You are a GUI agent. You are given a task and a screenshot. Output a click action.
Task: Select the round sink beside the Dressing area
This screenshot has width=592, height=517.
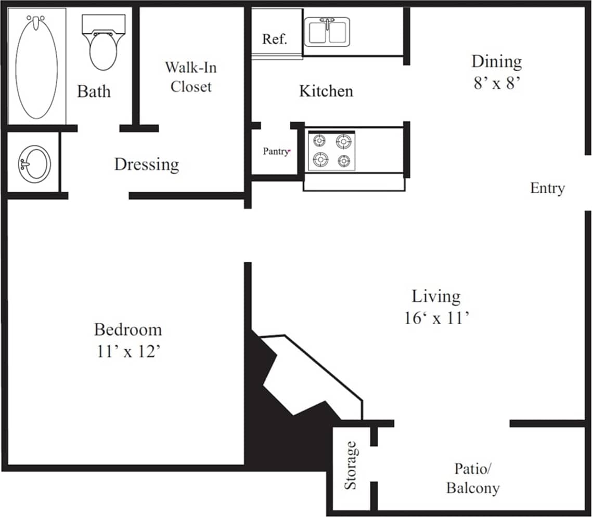click(x=34, y=164)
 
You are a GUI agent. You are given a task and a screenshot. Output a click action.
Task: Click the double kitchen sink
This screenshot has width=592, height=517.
click(x=327, y=32)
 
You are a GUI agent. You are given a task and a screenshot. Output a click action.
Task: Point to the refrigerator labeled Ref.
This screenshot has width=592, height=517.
click(x=274, y=39)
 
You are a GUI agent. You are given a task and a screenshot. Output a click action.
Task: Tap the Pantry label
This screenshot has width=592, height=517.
click(x=276, y=152)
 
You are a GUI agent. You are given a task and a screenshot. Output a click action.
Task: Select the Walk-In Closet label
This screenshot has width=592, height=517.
click(x=191, y=76)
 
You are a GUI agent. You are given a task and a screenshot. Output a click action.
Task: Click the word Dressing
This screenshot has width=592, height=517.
click(x=146, y=165)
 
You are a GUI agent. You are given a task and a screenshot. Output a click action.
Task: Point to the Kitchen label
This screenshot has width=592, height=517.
click(x=326, y=91)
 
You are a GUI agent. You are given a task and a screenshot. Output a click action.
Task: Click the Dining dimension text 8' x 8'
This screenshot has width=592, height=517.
click(x=497, y=84)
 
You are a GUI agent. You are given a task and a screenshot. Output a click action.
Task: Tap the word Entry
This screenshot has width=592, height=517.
click(x=547, y=188)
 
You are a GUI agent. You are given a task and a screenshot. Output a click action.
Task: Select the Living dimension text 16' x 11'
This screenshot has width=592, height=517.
click(x=436, y=317)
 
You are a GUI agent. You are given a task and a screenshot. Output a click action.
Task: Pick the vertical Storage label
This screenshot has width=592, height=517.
click(x=351, y=465)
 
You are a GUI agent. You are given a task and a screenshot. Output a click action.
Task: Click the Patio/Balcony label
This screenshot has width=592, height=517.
click(x=473, y=479)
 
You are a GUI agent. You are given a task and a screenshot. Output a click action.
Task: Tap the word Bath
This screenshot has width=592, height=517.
click(x=94, y=91)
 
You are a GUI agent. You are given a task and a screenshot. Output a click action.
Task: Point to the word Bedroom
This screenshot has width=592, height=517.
click(x=128, y=329)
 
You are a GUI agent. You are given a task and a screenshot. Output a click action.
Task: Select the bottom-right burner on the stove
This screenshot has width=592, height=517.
click(x=343, y=161)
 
